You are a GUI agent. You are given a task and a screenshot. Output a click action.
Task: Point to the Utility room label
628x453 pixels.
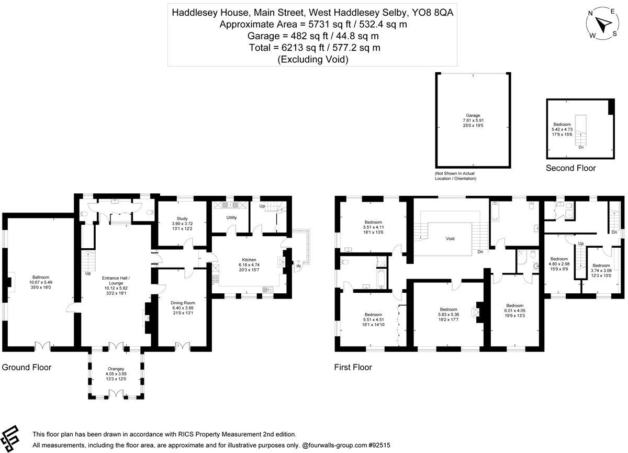pos(232,217)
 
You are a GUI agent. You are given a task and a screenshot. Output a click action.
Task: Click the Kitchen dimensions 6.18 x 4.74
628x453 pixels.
pos(249,265)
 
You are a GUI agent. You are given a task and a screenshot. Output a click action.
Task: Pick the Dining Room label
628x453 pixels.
pos(183,302)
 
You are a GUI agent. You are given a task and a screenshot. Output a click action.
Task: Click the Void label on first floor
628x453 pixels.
pos(450,238)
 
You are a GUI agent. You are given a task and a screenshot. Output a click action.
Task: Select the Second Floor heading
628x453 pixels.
pos(570,168)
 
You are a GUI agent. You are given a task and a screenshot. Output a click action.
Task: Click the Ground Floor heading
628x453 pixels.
pos(27,367)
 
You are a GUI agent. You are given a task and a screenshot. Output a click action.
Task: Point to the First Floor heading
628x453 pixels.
pos(353,367)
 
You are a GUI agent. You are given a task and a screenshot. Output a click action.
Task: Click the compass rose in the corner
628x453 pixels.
pos(603,24)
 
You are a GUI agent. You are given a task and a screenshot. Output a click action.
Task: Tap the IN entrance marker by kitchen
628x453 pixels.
pos(299,267)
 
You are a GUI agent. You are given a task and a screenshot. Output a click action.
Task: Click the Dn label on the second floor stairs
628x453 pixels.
pos(581,147)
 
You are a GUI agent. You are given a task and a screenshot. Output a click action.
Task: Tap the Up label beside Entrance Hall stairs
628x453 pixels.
pos(88,273)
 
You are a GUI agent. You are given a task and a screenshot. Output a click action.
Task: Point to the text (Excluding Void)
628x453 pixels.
pos(313,59)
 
